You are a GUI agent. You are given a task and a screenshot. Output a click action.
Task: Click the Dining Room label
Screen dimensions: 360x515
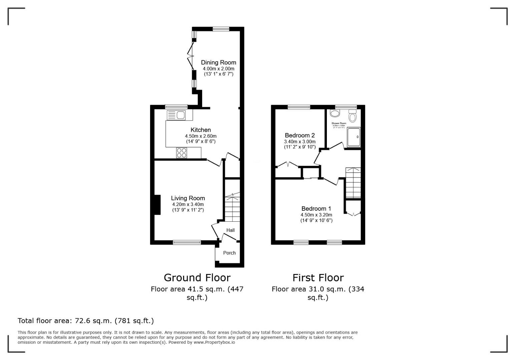[218, 62]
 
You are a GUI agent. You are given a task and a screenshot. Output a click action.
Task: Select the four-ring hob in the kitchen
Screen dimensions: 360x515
[182, 153]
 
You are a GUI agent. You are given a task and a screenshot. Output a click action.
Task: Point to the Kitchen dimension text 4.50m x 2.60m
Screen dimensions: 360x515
[200, 136]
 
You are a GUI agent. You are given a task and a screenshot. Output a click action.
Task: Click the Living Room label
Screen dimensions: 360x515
[188, 198]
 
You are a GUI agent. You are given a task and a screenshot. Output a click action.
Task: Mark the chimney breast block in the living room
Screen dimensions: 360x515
[157, 205]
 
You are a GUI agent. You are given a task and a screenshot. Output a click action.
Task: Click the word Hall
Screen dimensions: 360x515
[230, 230]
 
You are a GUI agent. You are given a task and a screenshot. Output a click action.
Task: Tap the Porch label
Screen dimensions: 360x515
[229, 253]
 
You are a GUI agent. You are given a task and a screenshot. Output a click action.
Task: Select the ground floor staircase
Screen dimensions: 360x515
[232, 207]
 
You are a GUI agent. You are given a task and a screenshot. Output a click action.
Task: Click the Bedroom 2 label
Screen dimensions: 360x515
[300, 135]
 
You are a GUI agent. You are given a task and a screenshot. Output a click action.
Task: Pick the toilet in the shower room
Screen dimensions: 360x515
[352, 117]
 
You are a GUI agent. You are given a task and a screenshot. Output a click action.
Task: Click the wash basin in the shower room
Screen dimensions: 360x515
[335, 113]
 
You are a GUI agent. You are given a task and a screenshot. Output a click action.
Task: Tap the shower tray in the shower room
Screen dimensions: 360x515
[354, 137]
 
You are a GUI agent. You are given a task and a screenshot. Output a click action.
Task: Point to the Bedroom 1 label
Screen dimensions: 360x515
[316, 209]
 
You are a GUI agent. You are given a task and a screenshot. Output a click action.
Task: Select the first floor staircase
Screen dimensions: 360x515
[353, 183]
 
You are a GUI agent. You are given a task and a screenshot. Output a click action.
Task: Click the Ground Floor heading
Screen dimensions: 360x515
[197, 278]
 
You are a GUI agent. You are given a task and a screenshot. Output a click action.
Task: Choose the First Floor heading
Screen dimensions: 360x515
[318, 278]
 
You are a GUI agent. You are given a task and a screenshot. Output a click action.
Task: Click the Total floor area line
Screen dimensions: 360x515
[86, 321]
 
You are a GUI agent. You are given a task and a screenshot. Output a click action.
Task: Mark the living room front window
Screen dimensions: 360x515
[187, 242]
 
